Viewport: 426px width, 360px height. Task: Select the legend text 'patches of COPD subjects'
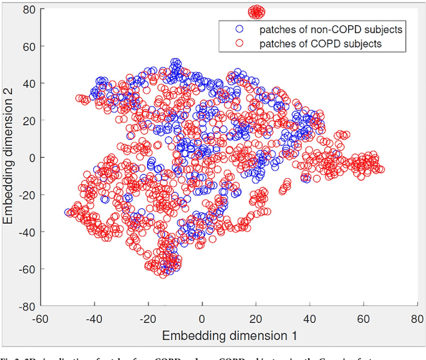(x=314, y=43)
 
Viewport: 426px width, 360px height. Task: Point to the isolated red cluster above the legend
(x=256, y=11)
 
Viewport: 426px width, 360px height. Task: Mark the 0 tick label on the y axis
(x=32, y=158)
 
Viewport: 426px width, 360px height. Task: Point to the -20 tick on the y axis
(x=27, y=195)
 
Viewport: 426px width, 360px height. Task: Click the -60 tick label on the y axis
(x=27, y=270)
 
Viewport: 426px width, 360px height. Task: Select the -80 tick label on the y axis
(x=27, y=307)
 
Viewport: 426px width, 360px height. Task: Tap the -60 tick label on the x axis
(x=41, y=317)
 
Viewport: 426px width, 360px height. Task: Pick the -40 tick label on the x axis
(x=95, y=317)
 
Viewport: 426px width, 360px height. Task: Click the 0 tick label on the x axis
(x=202, y=317)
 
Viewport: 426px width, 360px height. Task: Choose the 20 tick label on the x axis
(x=256, y=317)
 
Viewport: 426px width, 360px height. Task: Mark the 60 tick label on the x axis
(x=363, y=317)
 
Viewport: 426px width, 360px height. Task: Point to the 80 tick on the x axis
(x=417, y=317)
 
